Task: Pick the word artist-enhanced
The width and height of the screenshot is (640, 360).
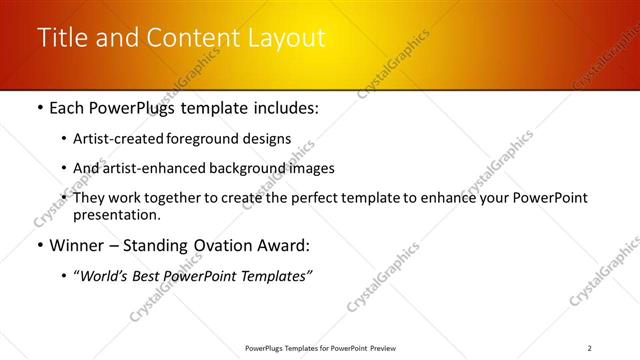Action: click(154, 168)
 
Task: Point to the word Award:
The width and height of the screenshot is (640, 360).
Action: click(286, 244)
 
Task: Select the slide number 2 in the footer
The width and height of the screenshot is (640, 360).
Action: click(590, 348)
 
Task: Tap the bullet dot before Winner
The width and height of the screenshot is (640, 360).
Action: click(39, 244)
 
